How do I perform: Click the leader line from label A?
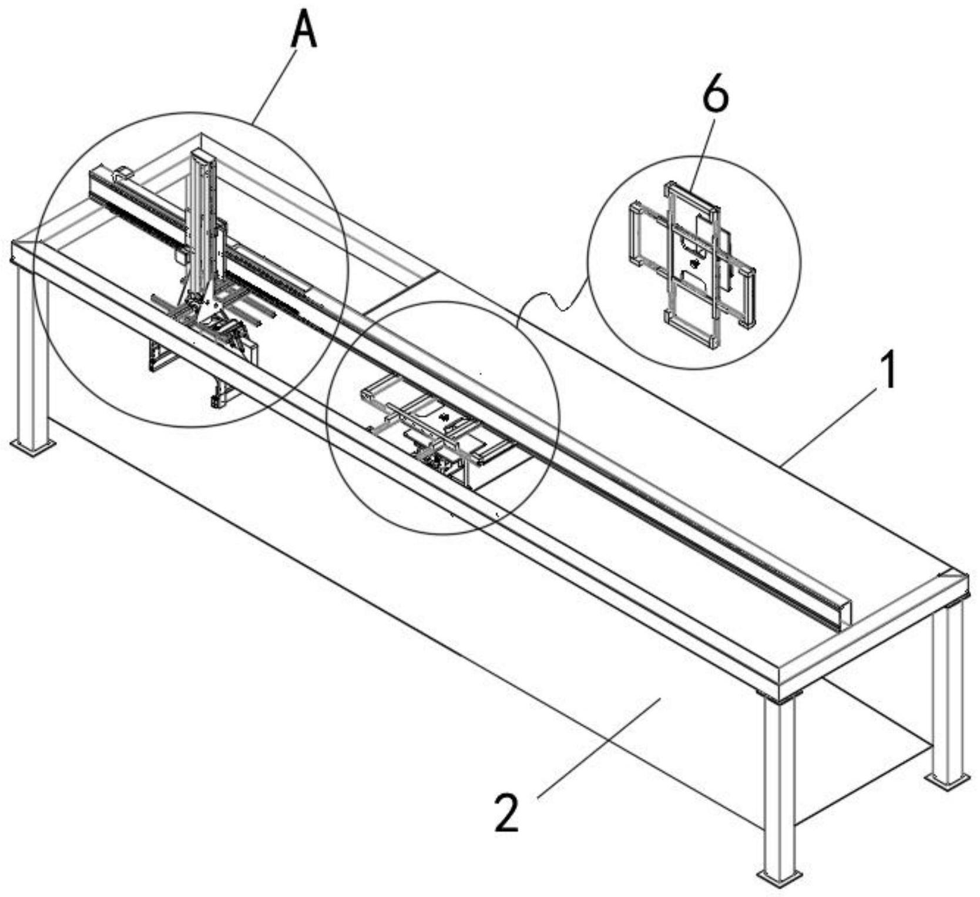coord(276,86)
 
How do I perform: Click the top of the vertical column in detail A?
coord(202,154)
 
